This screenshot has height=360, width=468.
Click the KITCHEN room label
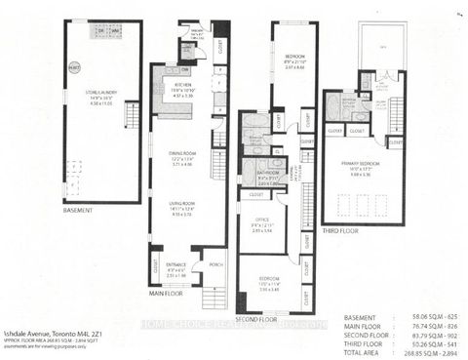[183, 85]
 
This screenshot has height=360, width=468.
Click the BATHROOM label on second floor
[270, 176]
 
